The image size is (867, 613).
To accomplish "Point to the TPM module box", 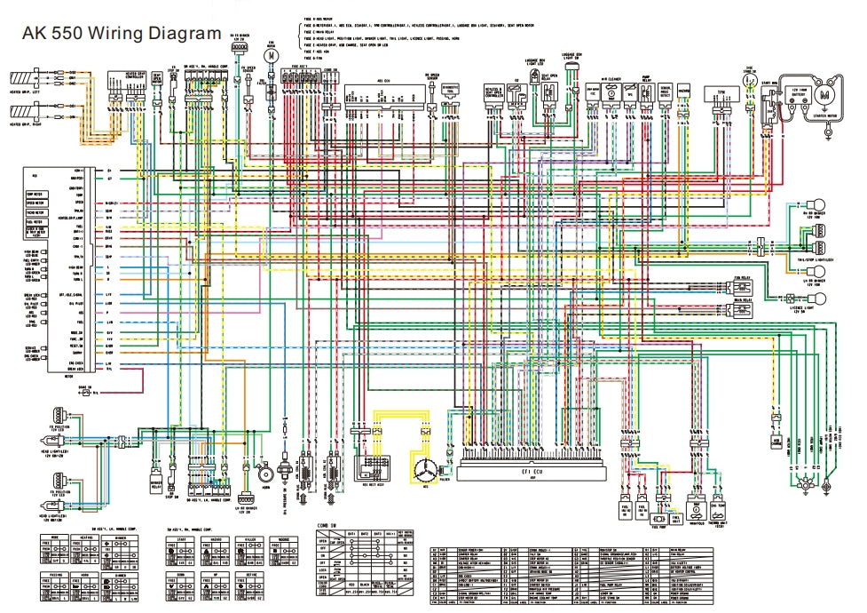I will (x=721, y=92).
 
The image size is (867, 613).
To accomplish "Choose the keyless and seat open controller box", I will (x=493, y=92).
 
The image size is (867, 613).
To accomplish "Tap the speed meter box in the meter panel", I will (x=38, y=202).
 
